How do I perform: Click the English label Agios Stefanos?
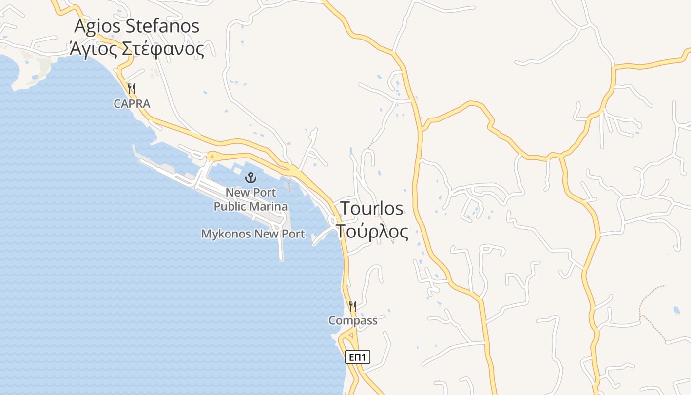tap(137, 26)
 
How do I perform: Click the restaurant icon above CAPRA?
tap(132, 89)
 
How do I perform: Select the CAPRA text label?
tap(132, 104)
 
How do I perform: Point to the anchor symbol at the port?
tap(251, 178)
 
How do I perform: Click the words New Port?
tap(251, 192)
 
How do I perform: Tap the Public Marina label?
tap(251, 206)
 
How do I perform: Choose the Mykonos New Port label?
tap(253, 234)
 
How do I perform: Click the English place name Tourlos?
tap(372, 208)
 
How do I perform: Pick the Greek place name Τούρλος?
tap(373, 231)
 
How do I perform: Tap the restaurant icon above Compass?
tap(352, 306)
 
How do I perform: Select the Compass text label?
tap(352, 321)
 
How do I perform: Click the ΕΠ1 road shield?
tap(357, 357)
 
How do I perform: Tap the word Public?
tap(230, 206)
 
